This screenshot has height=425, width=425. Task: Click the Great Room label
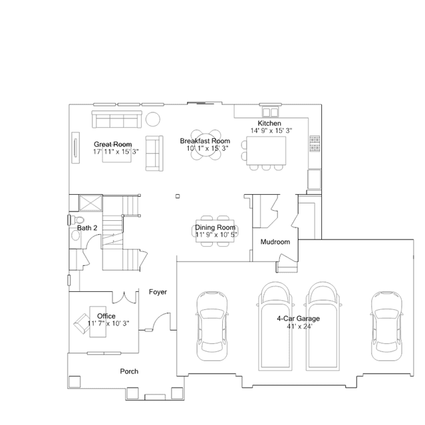[x=113, y=144]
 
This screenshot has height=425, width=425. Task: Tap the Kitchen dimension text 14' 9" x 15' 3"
[x=271, y=130]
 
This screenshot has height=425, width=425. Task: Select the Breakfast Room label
[x=205, y=141]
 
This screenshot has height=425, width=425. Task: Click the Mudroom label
[x=275, y=242]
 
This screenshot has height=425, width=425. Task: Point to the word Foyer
[x=158, y=292]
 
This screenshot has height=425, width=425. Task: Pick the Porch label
[x=129, y=371]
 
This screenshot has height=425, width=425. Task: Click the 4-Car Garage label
[x=298, y=319]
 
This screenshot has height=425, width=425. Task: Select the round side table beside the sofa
[x=153, y=119]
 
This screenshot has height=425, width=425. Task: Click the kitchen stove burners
[x=315, y=144]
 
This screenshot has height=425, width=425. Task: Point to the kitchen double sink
[x=270, y=112]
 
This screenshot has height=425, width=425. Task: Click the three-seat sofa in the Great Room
[x=117, y=119]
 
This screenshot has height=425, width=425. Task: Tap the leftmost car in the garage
[x=212, y=326]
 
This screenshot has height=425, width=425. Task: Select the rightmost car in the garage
[x=386, y=326]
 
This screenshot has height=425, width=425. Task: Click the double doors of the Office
[x=125, y=298]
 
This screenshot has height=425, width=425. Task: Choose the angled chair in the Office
[x=82, y=323]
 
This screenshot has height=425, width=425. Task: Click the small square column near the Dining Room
[x=178, y=196]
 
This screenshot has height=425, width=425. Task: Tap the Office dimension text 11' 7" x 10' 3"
[x=108, y=323]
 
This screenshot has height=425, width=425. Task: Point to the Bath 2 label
[x=87, y=228]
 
